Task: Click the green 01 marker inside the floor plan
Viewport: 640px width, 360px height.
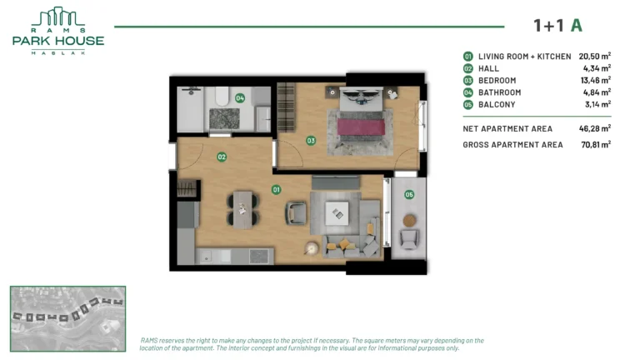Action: [x=277, y=189]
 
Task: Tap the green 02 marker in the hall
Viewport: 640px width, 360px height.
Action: [x=222, y=157]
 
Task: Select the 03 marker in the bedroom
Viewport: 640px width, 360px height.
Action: [x=311, y=141]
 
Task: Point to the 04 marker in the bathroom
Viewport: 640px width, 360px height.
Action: [x=240, y=98]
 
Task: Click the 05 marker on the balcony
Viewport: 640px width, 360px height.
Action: [x=409, y=195]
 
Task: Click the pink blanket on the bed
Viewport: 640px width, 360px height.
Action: [x=361, y=127]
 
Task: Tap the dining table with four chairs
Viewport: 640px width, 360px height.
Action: [x=243, y=210]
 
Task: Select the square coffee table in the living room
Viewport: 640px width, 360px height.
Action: [x=337, y=213]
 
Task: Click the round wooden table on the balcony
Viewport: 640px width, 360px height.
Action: [x=409, y=221]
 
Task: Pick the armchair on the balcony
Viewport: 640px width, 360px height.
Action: [x=409, y=240]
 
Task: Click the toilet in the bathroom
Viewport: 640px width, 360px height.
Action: [x=222, y=97]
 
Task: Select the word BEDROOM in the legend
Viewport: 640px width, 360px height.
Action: [x=497, y=80]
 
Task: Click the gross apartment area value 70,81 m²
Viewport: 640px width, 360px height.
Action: [x=596, y=144]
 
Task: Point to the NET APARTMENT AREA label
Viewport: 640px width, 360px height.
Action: [x=507, y=128]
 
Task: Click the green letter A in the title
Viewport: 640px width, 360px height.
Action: [x=577, y=25]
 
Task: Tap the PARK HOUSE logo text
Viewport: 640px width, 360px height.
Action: [x=58, y=41]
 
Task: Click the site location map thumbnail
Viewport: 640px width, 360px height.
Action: [x=67, y=319]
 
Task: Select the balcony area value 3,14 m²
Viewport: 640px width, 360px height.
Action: [x=598, y=104]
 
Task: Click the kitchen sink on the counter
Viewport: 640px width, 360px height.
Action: [x=205, y=257]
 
